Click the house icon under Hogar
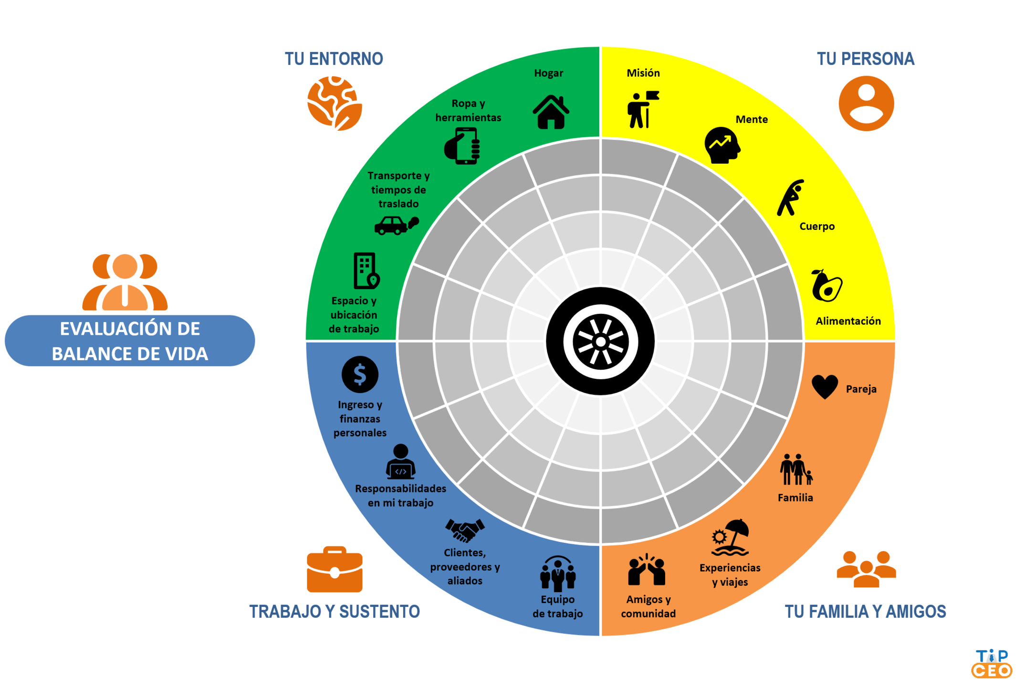click(x=551, y=113)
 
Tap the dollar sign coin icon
click(x=360, y=375)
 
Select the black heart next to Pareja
click(x=825, y=386)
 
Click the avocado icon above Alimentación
click(x=827, y=286)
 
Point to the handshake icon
click(x=465, y=530)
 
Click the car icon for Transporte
click(x=395, y=225)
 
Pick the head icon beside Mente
click(x=722, y=146)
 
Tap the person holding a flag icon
click(x=642, y=109)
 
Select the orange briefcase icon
click(x=335, y=569)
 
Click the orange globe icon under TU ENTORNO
click(x=335, y=103)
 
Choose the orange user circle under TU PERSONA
click(x=866, y=104)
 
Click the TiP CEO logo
click(x=992, y=664)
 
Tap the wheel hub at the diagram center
click(x=600, y=341)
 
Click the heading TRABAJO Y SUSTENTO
click(x=335, y=612)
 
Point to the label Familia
click(x=795, y=498)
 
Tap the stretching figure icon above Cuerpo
click(x=790, y=198)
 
